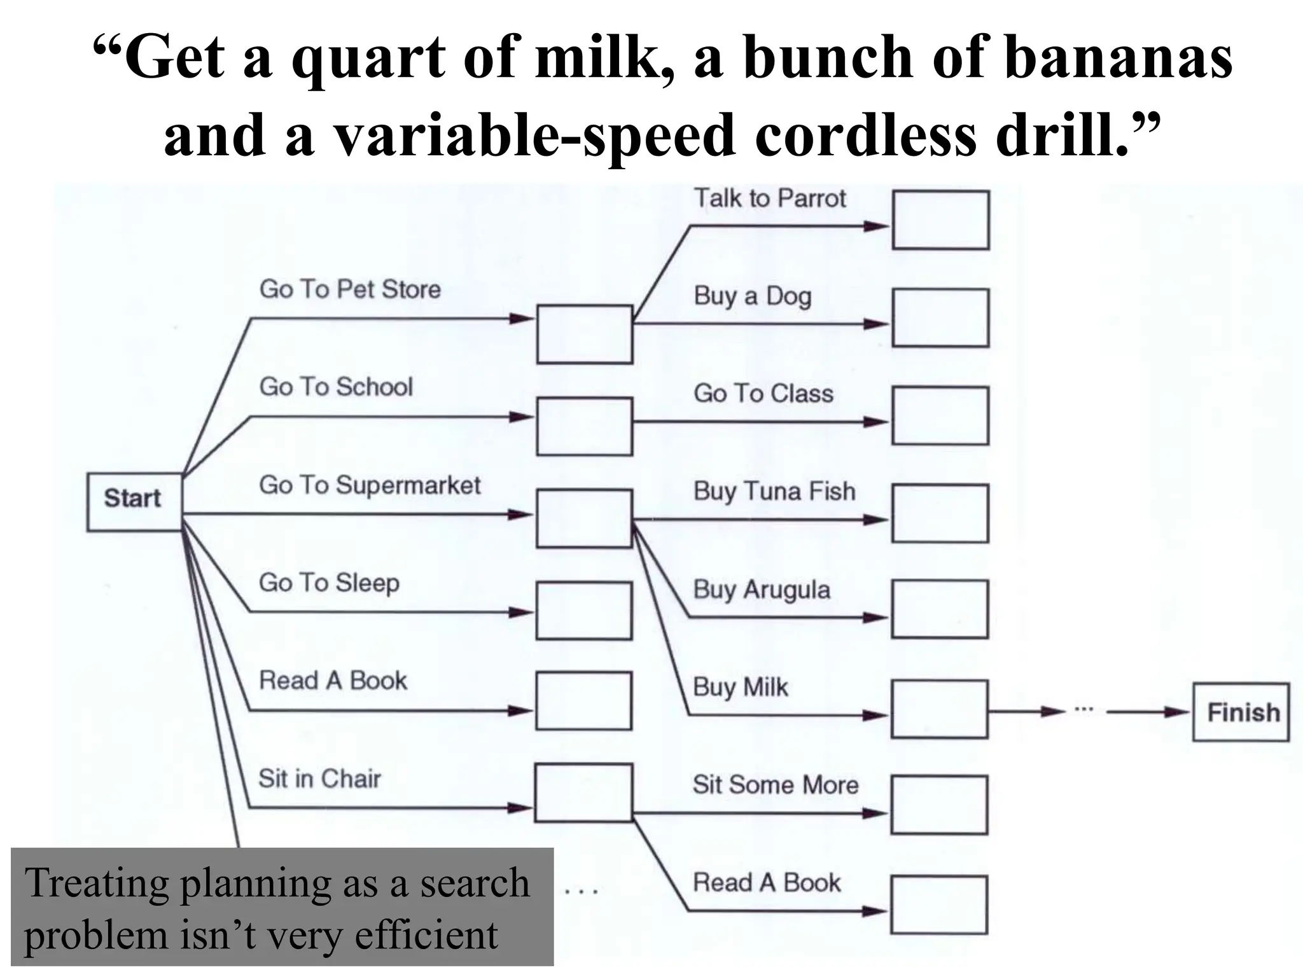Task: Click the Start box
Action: tap(134, 501)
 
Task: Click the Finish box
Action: tap(1241, 712)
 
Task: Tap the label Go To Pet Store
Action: tap(350, 289)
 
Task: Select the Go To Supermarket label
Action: tap(370, 485)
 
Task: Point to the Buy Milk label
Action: tap(740, 688)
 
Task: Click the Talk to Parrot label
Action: tap(769, 198)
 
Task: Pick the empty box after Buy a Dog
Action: tap(940, 318)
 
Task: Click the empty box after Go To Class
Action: tap(940, 415)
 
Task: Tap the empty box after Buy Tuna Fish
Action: tap(940, 513)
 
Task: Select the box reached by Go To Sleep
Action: tap(583, 611)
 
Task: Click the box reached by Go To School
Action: tap(584, 426)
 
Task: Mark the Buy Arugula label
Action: tap(762, 590)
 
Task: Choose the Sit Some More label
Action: tap(775, 786)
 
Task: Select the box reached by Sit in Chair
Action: tap(583, 793)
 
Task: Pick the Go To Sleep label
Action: tap(329, 583)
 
